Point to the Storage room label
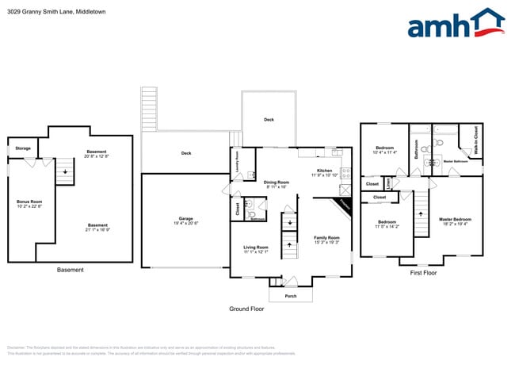pyautogui.click(x=23, y=148)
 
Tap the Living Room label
pyautogui.click(x=256, y=248)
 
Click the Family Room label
pyautogui.click(x=326, y=239)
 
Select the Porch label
pyautogui.click(x=291, y=295)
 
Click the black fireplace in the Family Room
pyautogui.click(x=343, y=204)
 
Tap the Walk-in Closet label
pyautogui.click(x=475, y=140)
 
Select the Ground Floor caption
pyautogui.click(x=246, y=309)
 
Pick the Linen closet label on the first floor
pyautogui.click(x=388, y=184)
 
